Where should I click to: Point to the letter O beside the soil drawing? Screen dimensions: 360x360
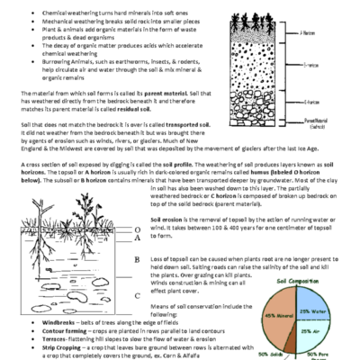(137, 229)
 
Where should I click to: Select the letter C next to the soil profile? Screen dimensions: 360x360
(137, 295)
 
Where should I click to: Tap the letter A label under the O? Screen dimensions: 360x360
(137, 238)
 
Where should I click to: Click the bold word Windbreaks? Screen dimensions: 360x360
(49, 321)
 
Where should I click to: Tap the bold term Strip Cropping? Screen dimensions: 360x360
(53, 346)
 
